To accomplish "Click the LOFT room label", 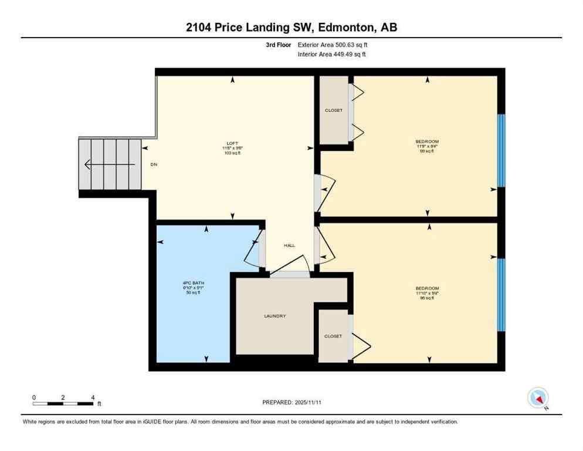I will (x=232, y=142).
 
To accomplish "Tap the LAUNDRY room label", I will (x=274, y=316).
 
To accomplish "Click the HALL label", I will (x=289, y=245).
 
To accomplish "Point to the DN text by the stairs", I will (x=154, y=164).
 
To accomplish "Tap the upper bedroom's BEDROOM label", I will (x=427, y=142).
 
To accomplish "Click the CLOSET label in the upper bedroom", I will (x=333, y=110).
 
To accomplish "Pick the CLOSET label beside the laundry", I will (x=333, y=336).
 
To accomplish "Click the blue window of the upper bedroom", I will (x=501, y=150).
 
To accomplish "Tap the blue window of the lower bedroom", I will (x=501, y=295).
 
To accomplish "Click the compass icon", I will (x=538, y=398).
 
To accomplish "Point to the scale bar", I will (x=63, y=403).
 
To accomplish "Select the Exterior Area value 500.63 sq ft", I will (x=351, y=45).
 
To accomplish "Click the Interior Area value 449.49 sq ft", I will (x=350, y=55).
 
